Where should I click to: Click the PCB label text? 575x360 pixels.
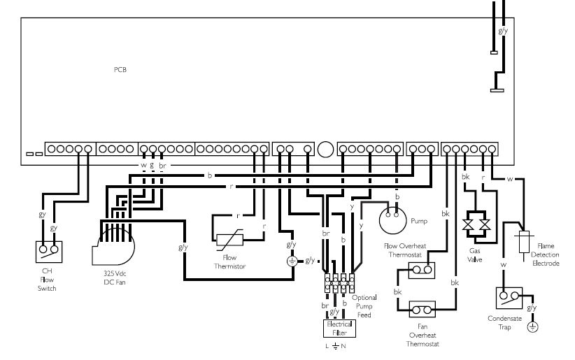pyautogui.click(x=120, y=70)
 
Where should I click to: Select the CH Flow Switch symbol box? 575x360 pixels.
pyautogui.click(x=49, y=252)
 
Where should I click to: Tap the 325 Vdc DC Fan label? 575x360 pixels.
pyautogui.click(x=115, y=278)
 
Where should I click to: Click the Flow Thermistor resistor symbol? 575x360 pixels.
pyautogui.click(x=229, y=240)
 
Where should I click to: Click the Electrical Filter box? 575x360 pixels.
pyautogui.click(x=339, y=329)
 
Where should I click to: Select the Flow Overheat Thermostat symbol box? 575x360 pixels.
pyautogui.click(x=422, y=271)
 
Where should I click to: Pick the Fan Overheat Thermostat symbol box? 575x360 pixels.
pyautogui.click(x=422, y=310)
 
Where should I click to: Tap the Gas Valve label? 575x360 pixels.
pyautogui.click(x=474, y=255)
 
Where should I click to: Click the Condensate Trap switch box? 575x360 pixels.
pyautogui.click(x=509, y=298)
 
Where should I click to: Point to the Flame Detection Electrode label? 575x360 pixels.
pyautogui.click(x=546, y=254)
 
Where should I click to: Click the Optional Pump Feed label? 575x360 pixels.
pyautogui.click(x=364, y=306)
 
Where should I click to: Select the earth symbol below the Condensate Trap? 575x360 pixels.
pyautogui.click(x=533, y=326)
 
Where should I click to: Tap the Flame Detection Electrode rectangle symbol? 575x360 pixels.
pyautogui.click(x=524, y=242)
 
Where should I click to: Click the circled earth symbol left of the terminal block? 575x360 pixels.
pyautogui.click(x=292, y=261)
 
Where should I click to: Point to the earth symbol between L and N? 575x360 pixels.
pyautogui.click(x=336, y=346)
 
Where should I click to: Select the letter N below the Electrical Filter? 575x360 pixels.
pyautogui.click(x=343, y=346)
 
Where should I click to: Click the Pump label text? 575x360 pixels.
pyautogui.click(x=419, y=221)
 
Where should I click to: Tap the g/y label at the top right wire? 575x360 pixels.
pyautogui.click(x=503, y=31)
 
